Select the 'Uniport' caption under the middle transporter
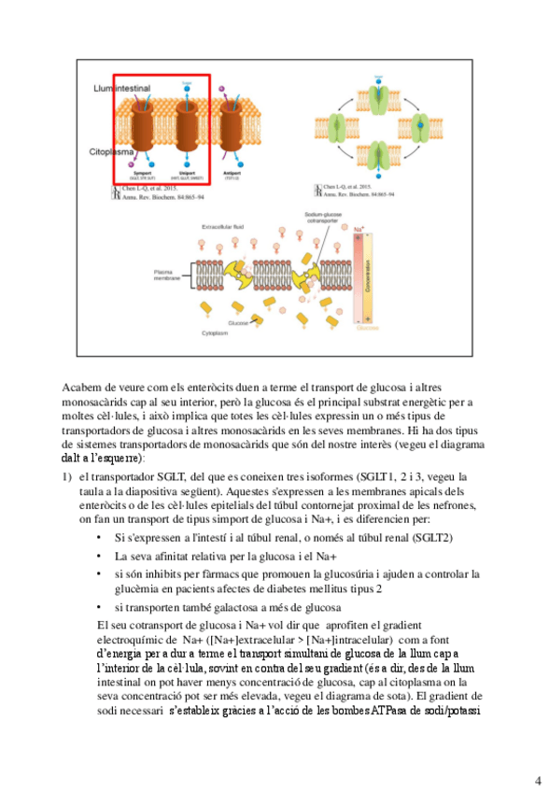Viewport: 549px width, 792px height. [190, 172]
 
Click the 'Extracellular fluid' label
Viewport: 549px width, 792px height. [224, 227]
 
